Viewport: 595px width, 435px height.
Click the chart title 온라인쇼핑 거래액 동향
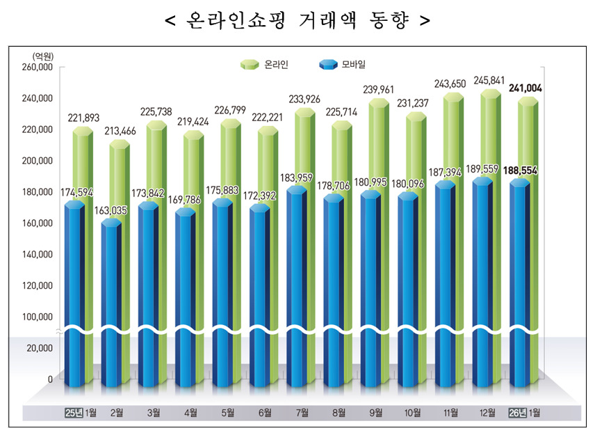click(297, 21)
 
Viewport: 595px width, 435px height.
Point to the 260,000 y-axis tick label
click(39, 68)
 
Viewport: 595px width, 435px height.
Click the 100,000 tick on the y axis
click(39, 317)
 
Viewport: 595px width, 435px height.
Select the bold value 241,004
click(525, 88)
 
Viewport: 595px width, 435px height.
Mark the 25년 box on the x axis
click(73, 413)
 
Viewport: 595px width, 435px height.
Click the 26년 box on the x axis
click(518, 413)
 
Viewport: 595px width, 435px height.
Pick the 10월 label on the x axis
click(414, 413)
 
